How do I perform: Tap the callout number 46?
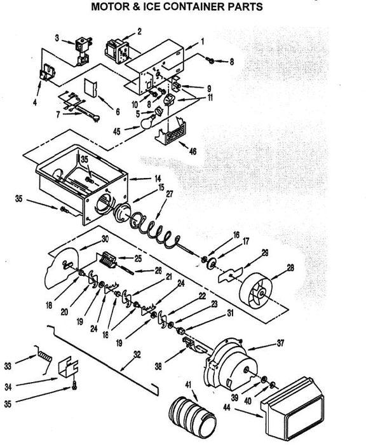coord(193,151)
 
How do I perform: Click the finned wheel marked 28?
coord(255,291)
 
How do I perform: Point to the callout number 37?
coord(280,343)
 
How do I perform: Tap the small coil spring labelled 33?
coord(44,359)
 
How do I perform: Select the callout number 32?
coord(137,355)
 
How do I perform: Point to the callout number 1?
coord(203,42)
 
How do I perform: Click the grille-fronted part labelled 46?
coord(170,132)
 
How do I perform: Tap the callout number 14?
coord(158,179)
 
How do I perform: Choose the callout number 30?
coord(105,239)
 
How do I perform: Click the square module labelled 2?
coord(117,51)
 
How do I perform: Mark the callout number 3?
coord(57,38)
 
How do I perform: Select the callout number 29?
coord(265,253)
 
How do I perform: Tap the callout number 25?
coord(138,259)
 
